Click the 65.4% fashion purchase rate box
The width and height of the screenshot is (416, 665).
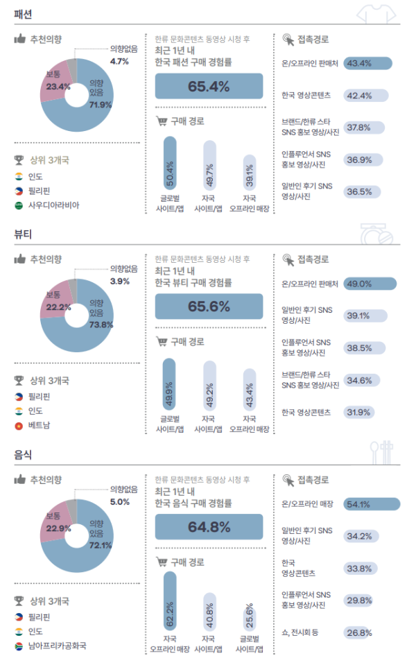209,86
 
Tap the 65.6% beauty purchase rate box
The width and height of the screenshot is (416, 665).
209,306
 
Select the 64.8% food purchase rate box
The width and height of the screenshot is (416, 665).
209,527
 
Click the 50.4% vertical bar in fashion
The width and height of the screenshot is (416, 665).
170,163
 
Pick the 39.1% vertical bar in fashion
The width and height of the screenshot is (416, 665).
250,172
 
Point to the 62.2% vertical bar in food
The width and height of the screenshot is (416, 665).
170,601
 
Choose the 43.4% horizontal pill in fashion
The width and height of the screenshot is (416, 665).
367,63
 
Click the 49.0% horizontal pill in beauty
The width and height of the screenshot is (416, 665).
370,284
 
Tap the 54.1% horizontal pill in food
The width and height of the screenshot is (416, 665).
372,504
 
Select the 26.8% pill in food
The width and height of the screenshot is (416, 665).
359,633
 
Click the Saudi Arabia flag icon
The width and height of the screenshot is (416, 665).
19,205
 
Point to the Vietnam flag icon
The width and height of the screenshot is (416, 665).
19,425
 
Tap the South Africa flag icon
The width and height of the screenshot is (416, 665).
19,646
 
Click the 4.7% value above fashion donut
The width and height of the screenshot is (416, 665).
119,61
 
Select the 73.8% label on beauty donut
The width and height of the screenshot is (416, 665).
101,325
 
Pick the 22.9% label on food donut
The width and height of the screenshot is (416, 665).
58,528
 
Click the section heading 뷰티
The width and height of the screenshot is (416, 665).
23,234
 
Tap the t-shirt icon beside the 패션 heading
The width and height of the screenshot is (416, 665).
376,14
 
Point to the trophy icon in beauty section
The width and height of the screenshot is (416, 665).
19,380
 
